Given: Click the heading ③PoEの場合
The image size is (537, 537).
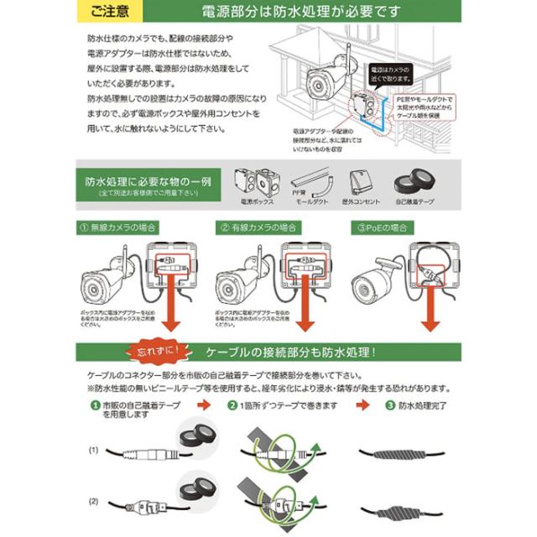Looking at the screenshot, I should tap(383, 227).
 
